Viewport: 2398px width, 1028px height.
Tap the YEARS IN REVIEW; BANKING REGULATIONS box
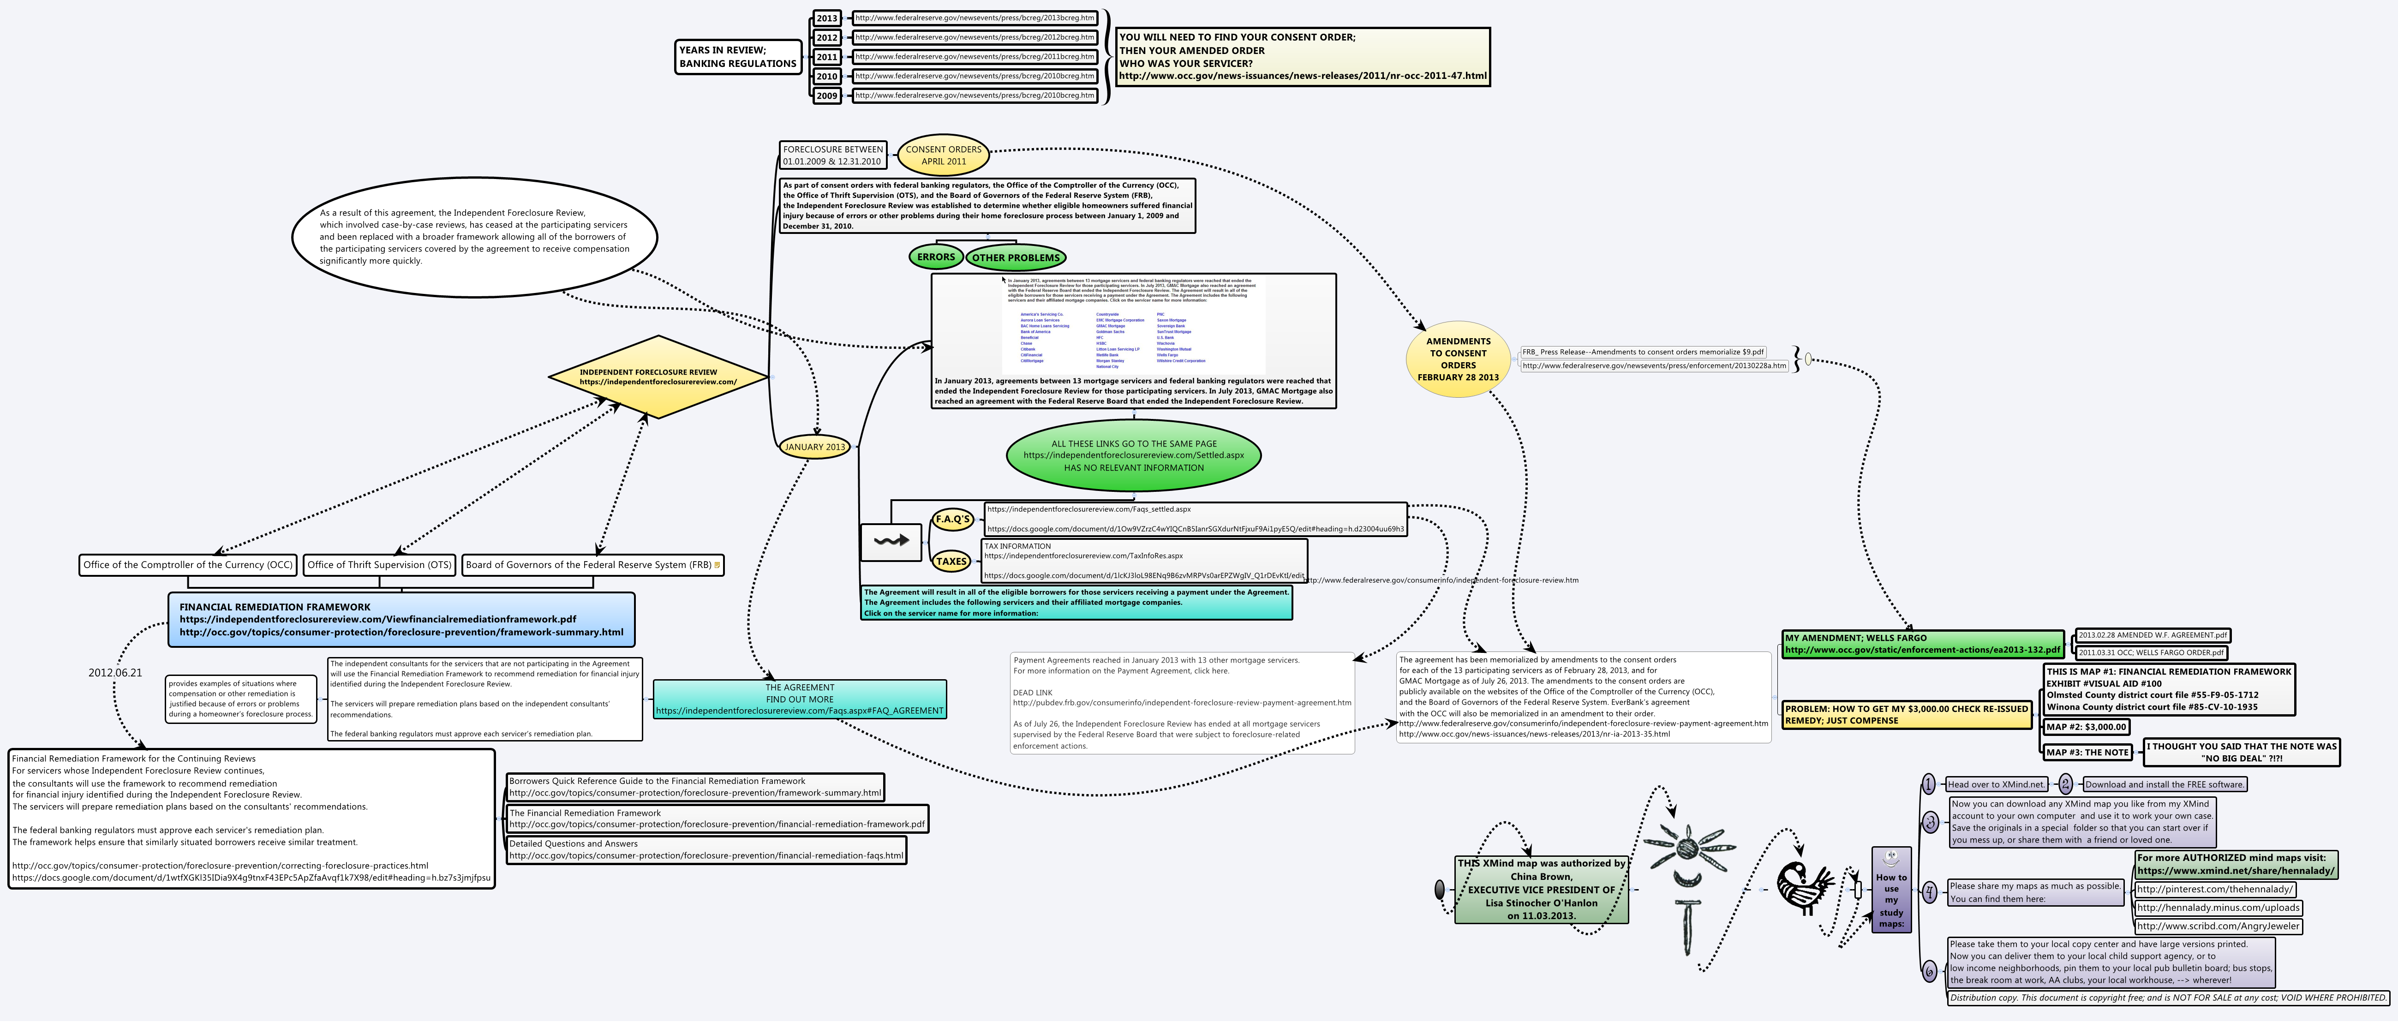click(737, 57)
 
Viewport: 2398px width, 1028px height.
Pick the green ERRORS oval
click(936, 257)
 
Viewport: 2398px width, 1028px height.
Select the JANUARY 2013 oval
click(814, 447)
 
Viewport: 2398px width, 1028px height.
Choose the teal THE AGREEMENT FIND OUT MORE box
click(800, 699)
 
